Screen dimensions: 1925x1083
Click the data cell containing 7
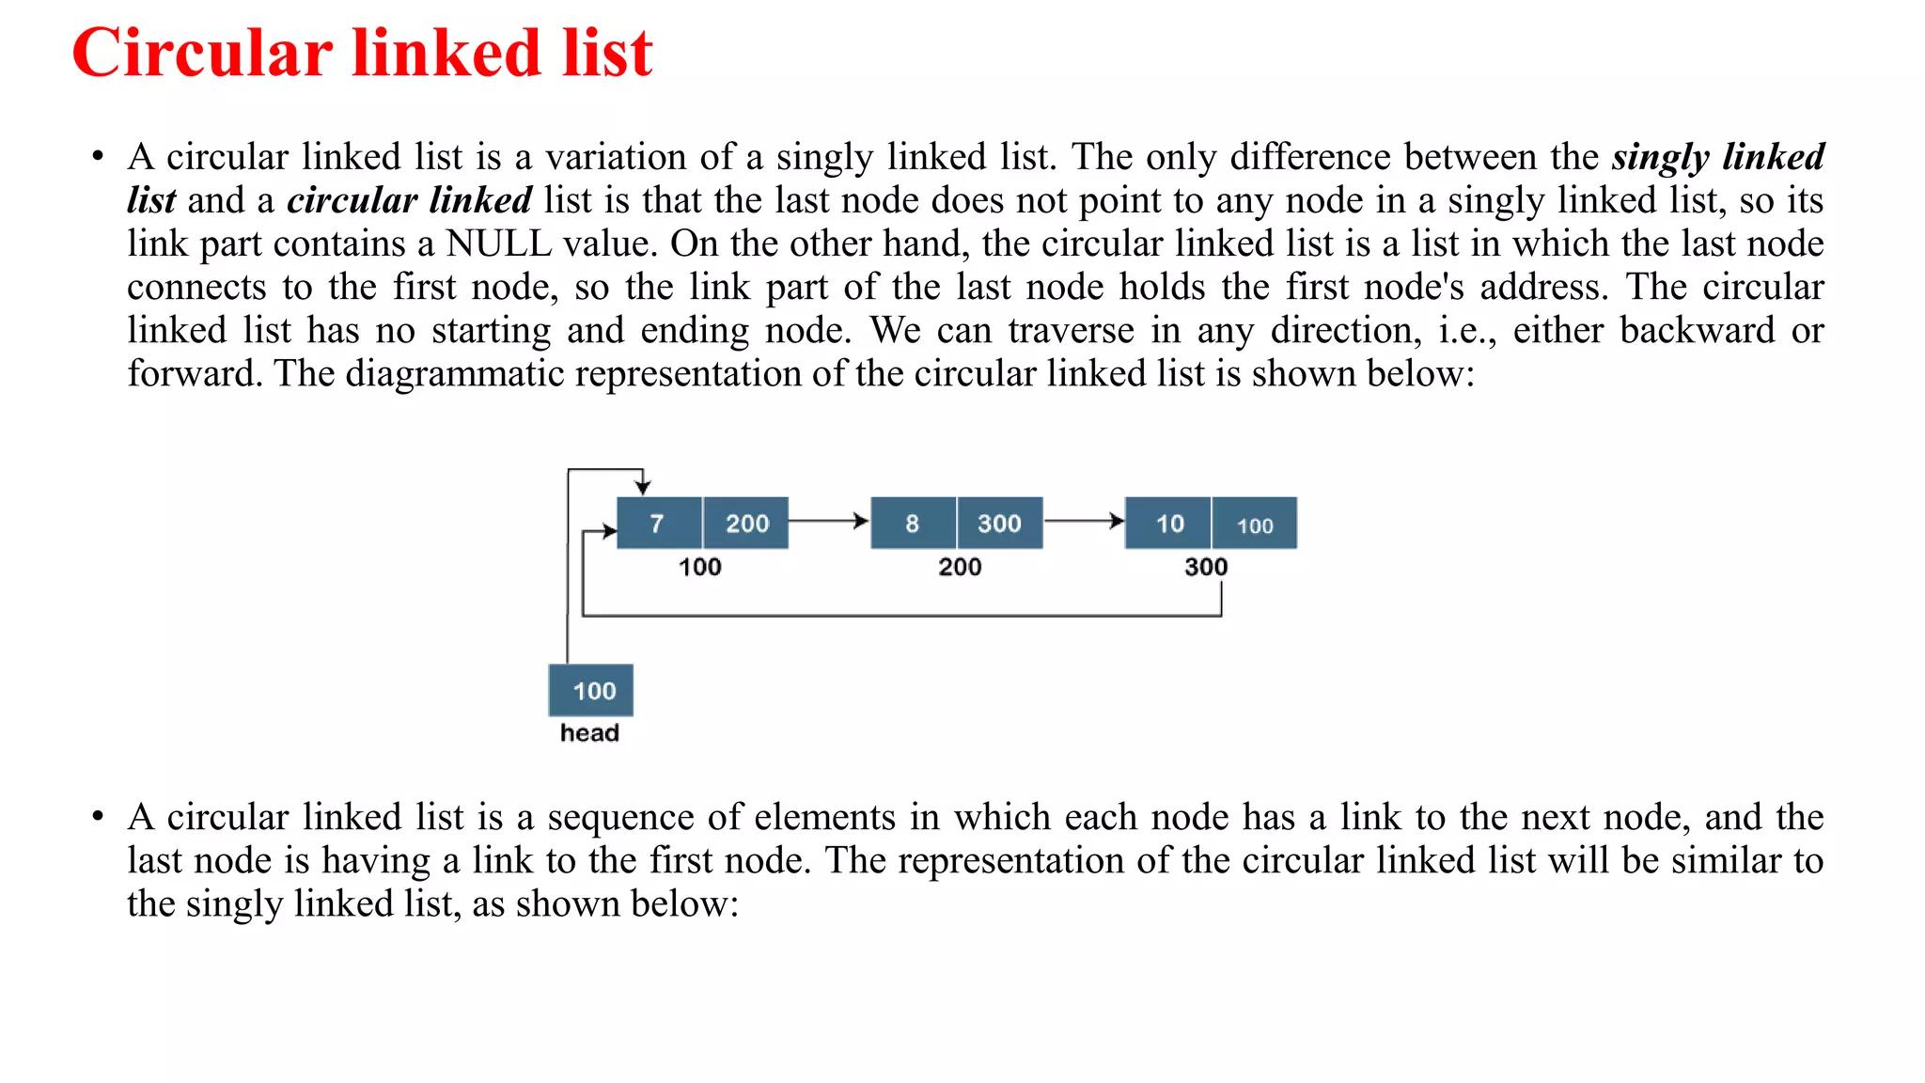click(658, 524)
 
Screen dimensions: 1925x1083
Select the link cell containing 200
click(746, 524)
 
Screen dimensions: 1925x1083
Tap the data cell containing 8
click(913, 524)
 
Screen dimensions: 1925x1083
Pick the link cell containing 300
click(999, 524)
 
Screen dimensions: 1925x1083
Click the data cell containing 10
click(1169, 524)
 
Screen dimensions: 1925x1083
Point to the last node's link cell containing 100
click(1255, 525)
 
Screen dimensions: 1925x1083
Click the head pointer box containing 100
click(592, 691)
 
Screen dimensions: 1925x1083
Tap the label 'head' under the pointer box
click(589, 733)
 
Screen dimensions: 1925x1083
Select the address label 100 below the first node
click(700, 567)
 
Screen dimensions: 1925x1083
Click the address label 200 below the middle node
click(960, 567)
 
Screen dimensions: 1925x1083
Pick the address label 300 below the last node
click(1206, 567)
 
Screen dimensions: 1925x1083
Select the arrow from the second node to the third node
click(1084, 521)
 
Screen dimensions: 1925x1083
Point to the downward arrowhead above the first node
click(643, 486)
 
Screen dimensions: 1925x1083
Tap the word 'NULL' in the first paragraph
click(498, 243)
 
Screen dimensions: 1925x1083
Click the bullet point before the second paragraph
click(98, 817)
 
